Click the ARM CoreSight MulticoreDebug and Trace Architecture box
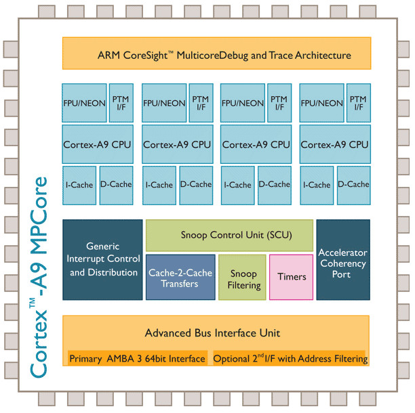tap(216, 55)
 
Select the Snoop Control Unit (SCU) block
tap(229, 236)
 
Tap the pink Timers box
tap(292, 276)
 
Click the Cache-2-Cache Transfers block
tap(180, 278)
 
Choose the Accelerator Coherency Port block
tap(342, 260)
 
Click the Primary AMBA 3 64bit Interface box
tap(137, 358)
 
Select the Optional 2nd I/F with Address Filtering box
tap(290, 358)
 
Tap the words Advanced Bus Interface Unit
tap(212, 333)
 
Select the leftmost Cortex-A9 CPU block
tap(98, 144)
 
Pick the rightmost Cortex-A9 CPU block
tap(334, 144)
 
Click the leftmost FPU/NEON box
tap(85, 104)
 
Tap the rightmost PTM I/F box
tap(357, 102)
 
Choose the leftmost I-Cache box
tap(78, 184)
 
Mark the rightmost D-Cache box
tap(353, 184)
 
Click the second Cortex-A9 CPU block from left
tap(178, 144)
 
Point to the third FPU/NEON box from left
tap(242, 104)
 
